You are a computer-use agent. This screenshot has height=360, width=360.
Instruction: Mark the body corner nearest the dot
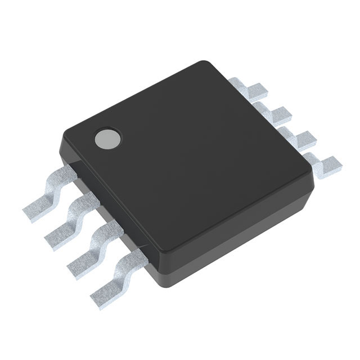tap(65, 130)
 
